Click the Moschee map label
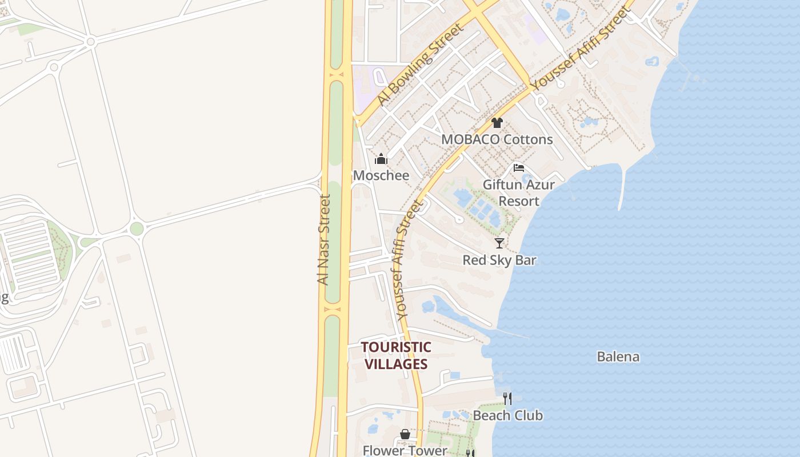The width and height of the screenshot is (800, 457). coord(381,175)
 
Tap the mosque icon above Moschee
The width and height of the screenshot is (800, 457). coord(381,159)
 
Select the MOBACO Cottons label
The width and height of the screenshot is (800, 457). coord(497,139)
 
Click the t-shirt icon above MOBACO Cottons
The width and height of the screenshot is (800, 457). coord(497,122)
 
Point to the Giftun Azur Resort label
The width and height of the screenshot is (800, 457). coord(519,193)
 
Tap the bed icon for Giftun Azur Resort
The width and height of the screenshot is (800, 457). coord(519,168)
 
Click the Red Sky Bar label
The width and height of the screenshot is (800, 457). coord(499,260)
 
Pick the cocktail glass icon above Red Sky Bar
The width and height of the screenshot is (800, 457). coord(499,243)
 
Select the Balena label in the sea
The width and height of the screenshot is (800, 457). coord(618,357)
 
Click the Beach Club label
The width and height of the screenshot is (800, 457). coord(508,415)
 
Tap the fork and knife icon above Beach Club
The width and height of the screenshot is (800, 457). coord(507,398)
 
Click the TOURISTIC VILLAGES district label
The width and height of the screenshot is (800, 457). coord(395,355)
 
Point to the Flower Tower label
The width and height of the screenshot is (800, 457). coord(405,450)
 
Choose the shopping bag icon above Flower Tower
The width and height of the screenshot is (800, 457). coord(405,435)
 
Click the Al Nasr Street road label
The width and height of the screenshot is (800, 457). coord(324,240)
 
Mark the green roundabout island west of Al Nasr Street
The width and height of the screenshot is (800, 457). coord(137,228)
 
